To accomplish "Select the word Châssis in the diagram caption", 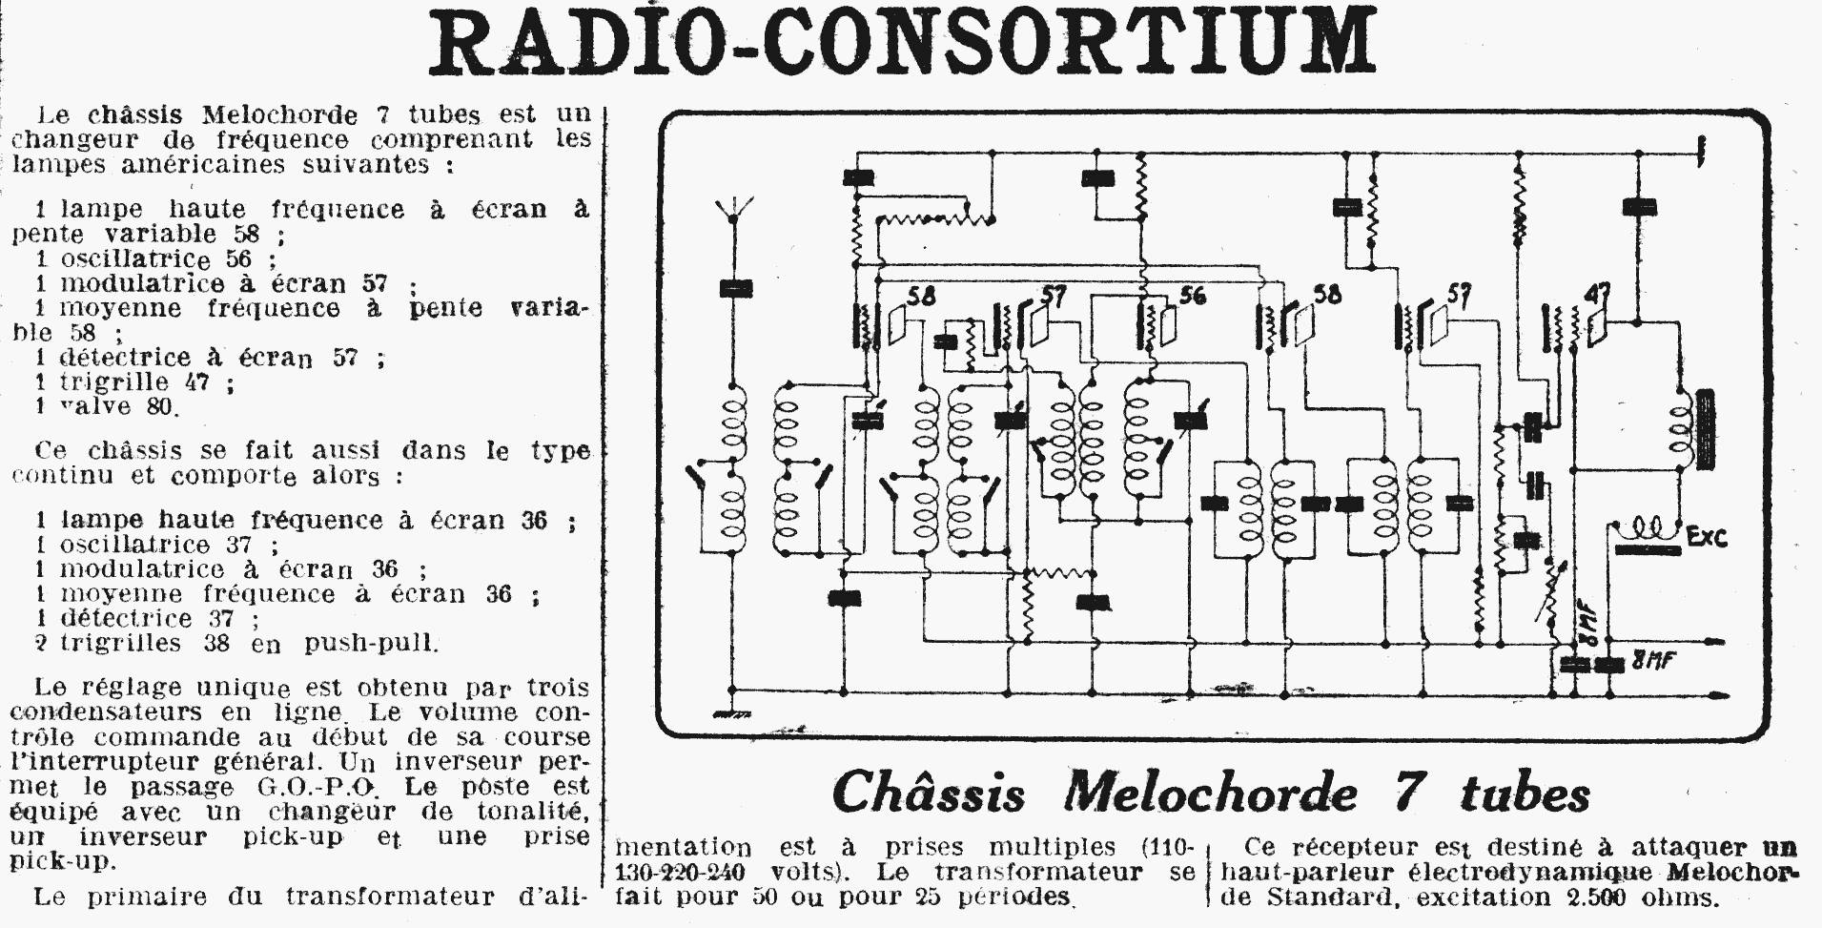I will tap(929, 793).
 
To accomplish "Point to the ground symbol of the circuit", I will tap(731, 713).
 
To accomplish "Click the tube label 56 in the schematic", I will tap(1192, 295).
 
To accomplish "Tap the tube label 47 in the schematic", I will tap(1597, 295).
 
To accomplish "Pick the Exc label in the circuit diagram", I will tap(1707, 537).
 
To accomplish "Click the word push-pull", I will tap(371, 643).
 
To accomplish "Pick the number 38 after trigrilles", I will tap(217, 643).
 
